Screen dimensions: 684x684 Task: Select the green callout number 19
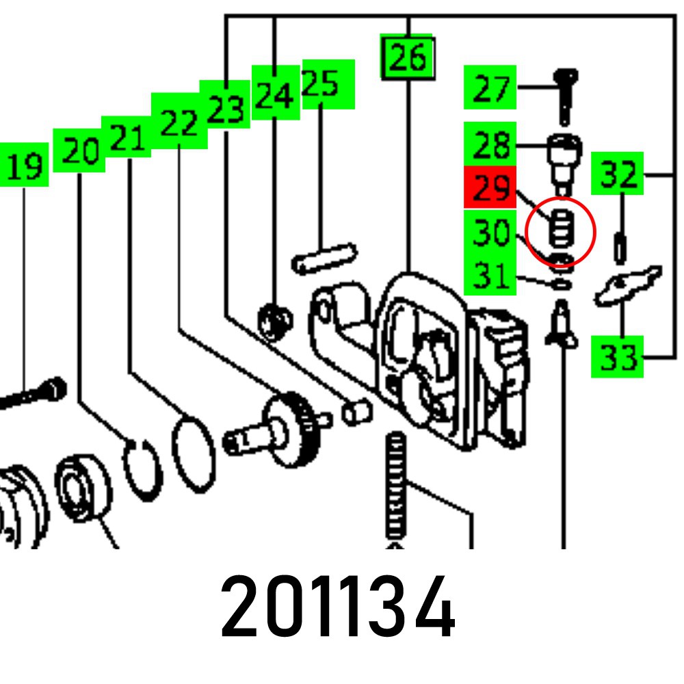26,166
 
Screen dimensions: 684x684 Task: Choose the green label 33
618,354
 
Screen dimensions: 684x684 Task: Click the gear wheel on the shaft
299,430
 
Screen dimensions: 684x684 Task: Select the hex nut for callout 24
274,320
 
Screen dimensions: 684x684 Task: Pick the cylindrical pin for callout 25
324,256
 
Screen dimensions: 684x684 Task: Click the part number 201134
337,607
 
